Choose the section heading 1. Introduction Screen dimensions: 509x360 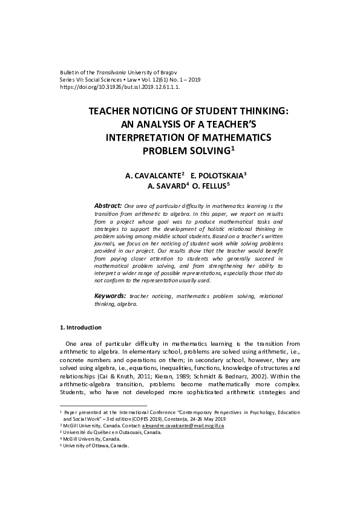pos(80,328)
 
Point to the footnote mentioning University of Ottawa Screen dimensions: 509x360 pos(97,446)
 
